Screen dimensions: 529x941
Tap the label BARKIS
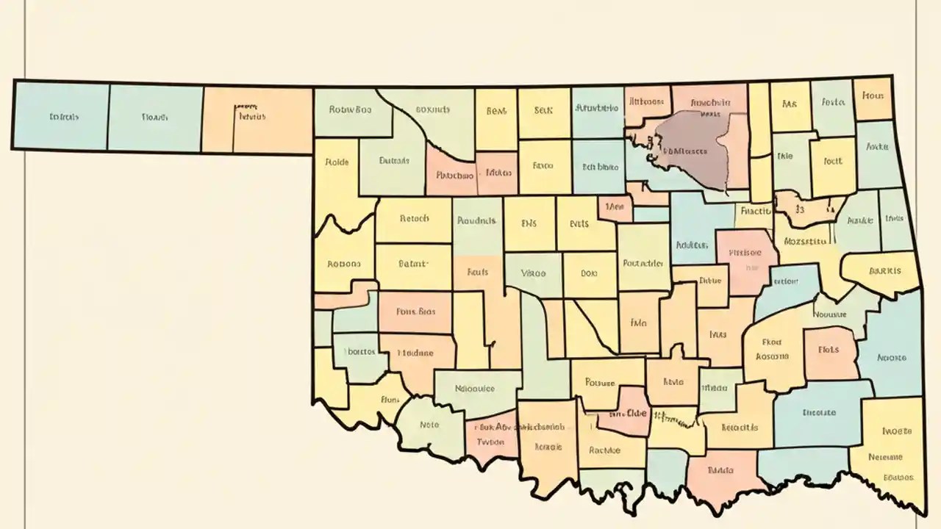pyautogui.click(x=884, y=270)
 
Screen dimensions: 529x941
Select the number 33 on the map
pyautogui.click(x=800, y=209)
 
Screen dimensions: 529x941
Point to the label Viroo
pyautogui.click(x=533, y=273)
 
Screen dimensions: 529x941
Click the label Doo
pyautogui.click(x=589, y=273)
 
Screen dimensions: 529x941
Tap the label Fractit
pyautogui.click(x=755, y=210)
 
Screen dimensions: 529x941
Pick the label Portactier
pyautogui.click(x=643, y=262)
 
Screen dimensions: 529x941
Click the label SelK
pyautogui.click(x=543, y=111)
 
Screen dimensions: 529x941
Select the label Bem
pyautogui.click(x=496, y=111)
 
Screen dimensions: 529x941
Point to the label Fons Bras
pyautogui.click(x=415, y=311)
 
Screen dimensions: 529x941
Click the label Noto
pyautogui.click(x=429, y=424)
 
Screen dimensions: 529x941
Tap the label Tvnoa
pyautogui.click(x=490, y=442)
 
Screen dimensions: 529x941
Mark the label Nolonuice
pyautogui.click(x=475, y=389)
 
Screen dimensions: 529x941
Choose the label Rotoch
pyautogui.click(x=413, y=218)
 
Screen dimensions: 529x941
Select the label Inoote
pyautogui.click(x=896, y=431)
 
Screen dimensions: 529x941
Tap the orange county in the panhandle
pyautogui.click(x=257, y=118)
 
